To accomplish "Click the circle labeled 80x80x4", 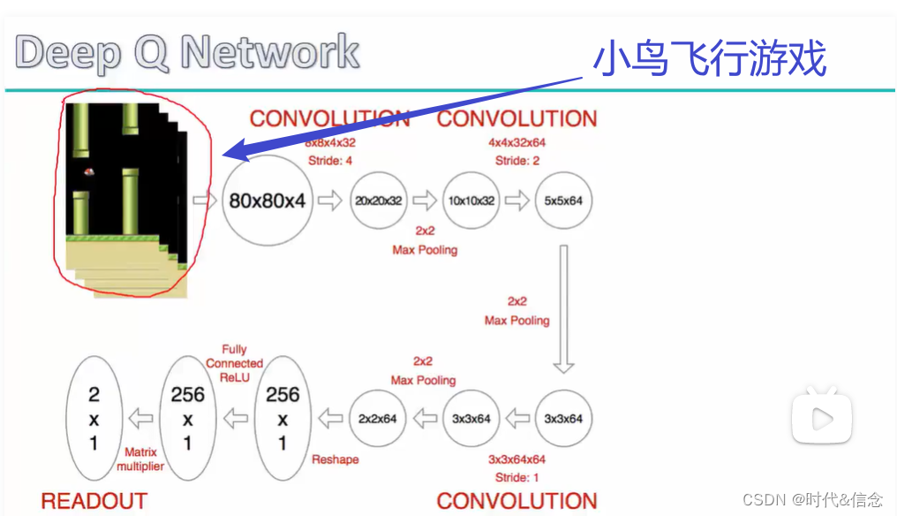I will pos(267,201).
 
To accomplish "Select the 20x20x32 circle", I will pos(378,201).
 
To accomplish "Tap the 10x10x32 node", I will pos(470,201).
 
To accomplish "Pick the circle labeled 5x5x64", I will pos(562,201).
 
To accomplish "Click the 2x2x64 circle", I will pos(378,418).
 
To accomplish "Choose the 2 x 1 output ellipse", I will pos(94,418).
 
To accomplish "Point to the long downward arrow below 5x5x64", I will pos(562,309).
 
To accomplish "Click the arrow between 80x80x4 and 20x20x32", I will pos(330,201).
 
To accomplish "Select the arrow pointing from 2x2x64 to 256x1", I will pos(330,418).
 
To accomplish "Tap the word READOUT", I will pos(94,501).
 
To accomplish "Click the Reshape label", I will pos(335,459).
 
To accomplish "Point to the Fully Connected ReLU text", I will pos(234,363).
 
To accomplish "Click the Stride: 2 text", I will pos(517,161).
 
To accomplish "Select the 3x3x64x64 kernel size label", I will pos(516,459).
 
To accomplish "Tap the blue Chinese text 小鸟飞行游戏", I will pos(710,59).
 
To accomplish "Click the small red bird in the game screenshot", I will pos(89,172).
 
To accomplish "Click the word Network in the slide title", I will pos(270,53).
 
